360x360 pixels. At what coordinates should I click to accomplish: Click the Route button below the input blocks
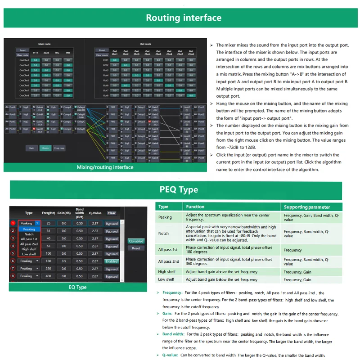[45, 148]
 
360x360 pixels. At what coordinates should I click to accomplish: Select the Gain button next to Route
[31, 148]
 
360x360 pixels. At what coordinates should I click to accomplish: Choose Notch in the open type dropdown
[29, 234]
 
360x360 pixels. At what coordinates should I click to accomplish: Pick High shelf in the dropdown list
[29, 249]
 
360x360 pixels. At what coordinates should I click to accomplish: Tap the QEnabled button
[136, 241]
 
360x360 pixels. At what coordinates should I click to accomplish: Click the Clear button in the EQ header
[111, 213]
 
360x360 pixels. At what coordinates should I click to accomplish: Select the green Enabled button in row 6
[111, 261]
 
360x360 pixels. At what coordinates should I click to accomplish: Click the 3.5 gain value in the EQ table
[64, 261]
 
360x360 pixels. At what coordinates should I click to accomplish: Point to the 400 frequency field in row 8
[48, 276]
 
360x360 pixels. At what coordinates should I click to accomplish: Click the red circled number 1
[13, 223]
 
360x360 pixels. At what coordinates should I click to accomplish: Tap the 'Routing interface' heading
[184, 18]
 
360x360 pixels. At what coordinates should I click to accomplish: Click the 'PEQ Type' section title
[179, 189]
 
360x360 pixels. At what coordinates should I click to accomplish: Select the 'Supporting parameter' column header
[307, 207]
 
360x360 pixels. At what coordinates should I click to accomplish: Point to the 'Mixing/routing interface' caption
[105, 167]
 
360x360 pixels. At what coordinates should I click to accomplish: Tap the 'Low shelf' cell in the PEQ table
[166, 279]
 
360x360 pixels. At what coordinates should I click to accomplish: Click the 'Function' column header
[195, 207]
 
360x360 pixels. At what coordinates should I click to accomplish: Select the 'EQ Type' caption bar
[77, 287]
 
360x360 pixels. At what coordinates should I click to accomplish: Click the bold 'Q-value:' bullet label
[170, 355]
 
